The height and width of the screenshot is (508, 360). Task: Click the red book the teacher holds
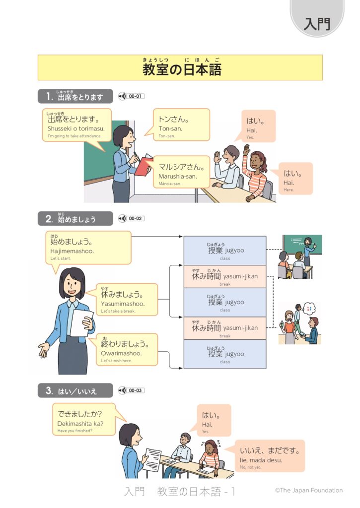(144, 165)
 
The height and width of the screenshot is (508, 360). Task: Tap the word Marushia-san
(177, 176)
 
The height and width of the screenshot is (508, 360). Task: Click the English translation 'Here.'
(289, 190)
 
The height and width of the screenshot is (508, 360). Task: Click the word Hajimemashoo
(72, 252)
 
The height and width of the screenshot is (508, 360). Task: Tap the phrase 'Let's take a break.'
(118, 311)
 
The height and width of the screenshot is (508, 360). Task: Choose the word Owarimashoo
(121, 353)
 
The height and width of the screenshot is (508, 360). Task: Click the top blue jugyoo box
(225, 251)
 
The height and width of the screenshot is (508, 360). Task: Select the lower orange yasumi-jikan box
(225, 328)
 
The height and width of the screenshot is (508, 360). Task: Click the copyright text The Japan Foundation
(309, 490)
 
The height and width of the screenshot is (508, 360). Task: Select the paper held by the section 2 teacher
(81, 322)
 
